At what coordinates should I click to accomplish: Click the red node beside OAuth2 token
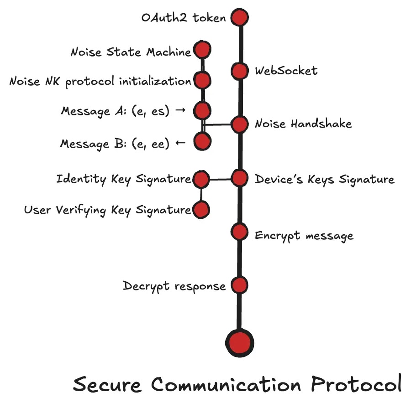coord(239,18)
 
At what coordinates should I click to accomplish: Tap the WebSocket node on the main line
coord(239,71)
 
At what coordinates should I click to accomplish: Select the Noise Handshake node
coord(239,124)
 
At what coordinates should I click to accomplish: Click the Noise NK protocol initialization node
coord(202,81)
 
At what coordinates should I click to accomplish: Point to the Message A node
coord(202,110)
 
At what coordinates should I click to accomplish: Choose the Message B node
coord(202,141)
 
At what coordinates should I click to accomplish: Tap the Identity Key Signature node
coord(201,180)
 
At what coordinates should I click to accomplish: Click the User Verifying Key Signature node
coord(201,210)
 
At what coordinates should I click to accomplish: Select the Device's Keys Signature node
coord(239,178)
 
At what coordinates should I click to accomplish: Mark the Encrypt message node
coord(239,232)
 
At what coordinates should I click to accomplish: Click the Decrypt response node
coord(239,285)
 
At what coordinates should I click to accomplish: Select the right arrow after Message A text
coord(180,111)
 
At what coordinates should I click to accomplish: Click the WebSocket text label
coord(286,71)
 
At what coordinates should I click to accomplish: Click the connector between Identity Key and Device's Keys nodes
coord(220,179)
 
